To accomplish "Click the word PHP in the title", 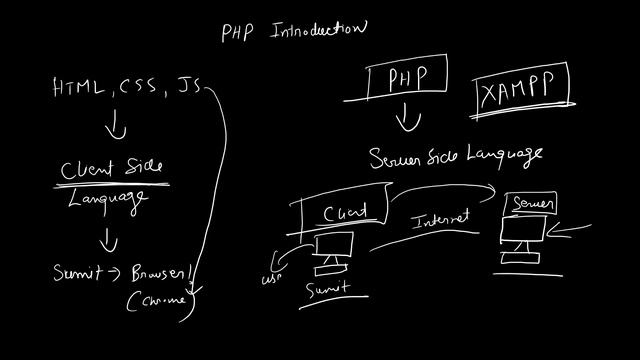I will tap(237, 32).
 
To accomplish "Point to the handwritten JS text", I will tap(187, 87).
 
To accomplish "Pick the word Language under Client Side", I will tap(108, 197).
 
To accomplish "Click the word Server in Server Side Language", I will tap(395, 158).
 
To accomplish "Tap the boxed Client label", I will tap(344, 212).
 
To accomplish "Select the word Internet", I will tap(441, 220).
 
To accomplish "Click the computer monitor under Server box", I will tap(523, 234).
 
